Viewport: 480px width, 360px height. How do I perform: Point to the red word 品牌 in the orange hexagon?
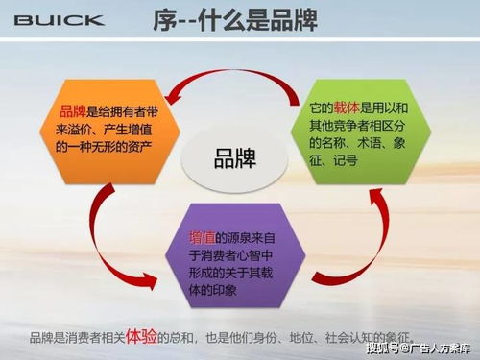pyautogui.click(x=73, y=111)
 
